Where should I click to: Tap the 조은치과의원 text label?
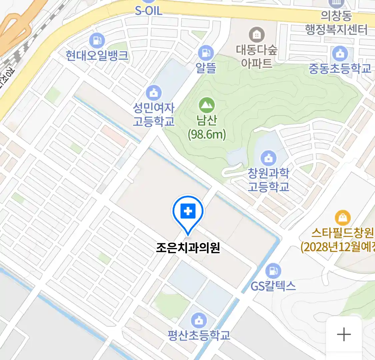pos(188,248)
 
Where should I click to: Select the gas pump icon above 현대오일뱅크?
pos(97,41)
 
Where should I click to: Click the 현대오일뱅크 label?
pos(97,55)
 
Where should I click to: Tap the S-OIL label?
pos(149,11)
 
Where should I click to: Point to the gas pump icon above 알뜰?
pos(206,53)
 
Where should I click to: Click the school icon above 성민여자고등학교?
pos(154,93)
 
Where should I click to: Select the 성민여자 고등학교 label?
pos(154,114)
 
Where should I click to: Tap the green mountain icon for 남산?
pos(207,106)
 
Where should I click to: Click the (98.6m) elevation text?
pos(207,134)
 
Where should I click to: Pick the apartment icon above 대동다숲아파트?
pos(257,35)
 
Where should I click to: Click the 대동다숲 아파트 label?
pos(257,56)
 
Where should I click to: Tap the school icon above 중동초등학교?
pos(340,53)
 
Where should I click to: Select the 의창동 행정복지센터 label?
pos(336,23)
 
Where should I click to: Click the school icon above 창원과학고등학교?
pos(268,158)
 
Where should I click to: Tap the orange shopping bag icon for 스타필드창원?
pos(343,218)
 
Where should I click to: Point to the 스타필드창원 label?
pos(342,233)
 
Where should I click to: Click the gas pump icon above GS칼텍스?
pos(273,271)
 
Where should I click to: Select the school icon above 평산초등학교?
pos(199,321)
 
